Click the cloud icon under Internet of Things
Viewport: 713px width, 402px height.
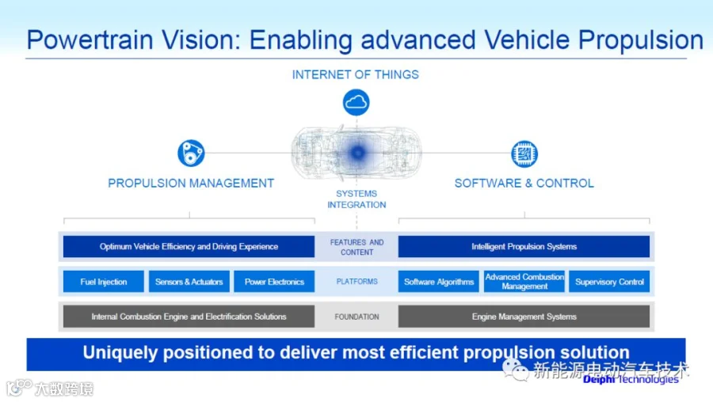coord(356,102)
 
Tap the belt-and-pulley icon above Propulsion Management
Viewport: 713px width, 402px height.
coord(191,153)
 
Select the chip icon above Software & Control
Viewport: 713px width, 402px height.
coord(524,154)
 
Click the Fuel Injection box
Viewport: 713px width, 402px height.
coord(104,282)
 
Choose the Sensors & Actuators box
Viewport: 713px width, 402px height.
coord(189,282)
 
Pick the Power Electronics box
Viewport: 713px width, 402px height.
coord(274,282)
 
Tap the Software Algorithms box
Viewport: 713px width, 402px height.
coord(439,282)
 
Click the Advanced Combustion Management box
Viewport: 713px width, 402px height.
coord(524,282)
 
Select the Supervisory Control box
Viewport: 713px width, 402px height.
coord(609,282)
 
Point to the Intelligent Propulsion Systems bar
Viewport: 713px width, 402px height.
coord(524,247)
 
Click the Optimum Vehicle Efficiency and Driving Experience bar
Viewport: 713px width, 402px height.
coord(189,247)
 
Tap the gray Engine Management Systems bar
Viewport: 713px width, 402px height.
coord(524,317)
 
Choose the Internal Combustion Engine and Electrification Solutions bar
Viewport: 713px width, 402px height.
coord(189,317)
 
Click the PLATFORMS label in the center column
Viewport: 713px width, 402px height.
coord(357,282)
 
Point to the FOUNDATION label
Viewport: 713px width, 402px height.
coord(357,317)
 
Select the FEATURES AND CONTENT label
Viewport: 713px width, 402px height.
coord(357,247)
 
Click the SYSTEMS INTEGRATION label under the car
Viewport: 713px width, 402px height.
coord(356,199)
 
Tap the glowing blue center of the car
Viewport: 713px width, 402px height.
coord(357,153)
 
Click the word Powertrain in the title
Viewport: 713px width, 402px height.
coord(90,40)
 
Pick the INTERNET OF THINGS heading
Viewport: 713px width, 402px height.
coord(356,74)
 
